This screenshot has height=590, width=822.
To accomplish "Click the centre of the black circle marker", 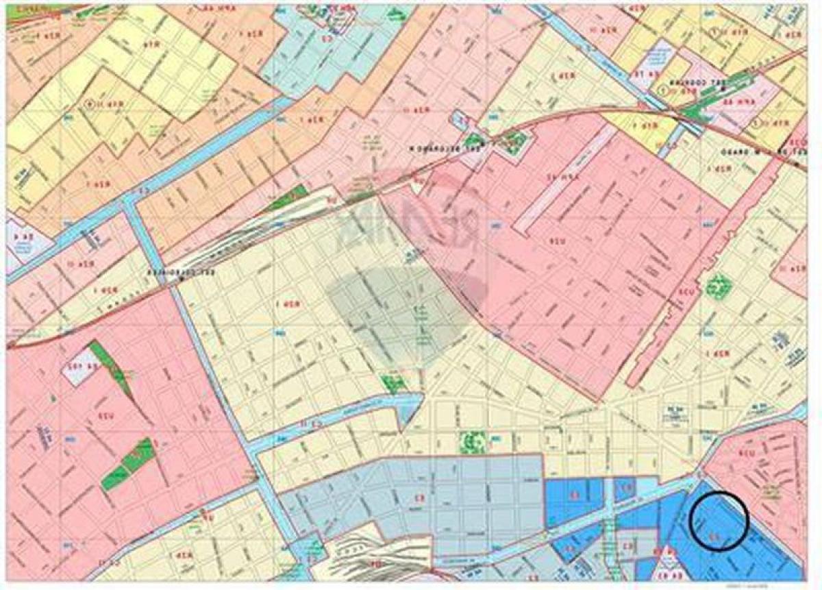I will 718,521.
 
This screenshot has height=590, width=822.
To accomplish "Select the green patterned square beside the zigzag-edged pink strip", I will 717,285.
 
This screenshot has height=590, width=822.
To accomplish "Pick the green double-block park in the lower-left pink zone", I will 128,465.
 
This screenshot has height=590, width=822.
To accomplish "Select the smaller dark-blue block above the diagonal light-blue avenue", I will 625,489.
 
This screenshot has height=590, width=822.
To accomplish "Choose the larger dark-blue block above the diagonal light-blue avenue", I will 574,498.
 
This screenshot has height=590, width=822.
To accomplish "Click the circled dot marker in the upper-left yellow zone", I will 90,103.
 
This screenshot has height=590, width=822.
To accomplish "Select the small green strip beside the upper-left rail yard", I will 288,198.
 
